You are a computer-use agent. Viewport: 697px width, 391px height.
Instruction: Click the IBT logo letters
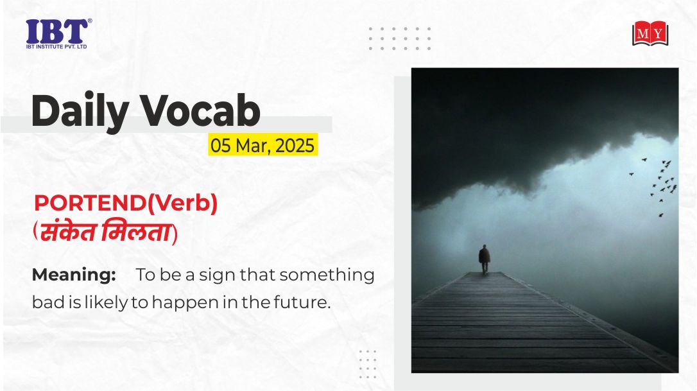pos(57,31)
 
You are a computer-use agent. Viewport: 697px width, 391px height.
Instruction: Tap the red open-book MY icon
pos(650,33)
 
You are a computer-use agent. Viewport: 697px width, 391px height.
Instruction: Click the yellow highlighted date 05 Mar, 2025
pos(262,144)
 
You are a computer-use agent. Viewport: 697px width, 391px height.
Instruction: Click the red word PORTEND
pos(90,204)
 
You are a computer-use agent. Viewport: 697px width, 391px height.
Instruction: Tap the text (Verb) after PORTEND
pos(182,204)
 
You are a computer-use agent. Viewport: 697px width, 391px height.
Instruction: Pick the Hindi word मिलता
pos(136,232)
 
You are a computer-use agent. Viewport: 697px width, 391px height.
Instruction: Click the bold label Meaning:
pos(74,275)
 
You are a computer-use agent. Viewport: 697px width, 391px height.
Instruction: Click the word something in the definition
pos(327,275)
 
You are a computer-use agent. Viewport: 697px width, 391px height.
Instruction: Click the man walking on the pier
pos(485,259)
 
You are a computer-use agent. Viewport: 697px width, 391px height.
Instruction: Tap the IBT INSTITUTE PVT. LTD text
pos(56,46)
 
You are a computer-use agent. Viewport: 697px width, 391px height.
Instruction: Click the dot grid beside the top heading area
pos(400,39)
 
